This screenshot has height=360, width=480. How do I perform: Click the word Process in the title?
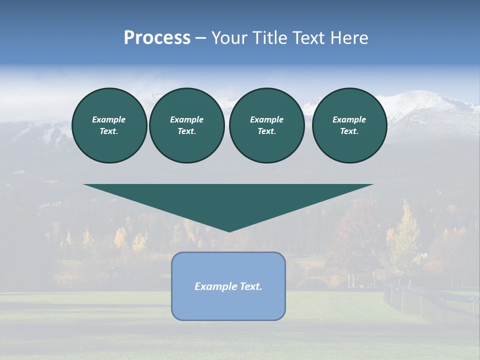tap(157, 38)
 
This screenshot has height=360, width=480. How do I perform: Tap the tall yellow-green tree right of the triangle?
tap(405, 235)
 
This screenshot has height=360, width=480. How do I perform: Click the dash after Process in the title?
tap(200, 38)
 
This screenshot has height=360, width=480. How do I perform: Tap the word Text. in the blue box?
tap(250, 286)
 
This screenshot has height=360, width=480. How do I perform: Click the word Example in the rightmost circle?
tap(349, 119)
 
